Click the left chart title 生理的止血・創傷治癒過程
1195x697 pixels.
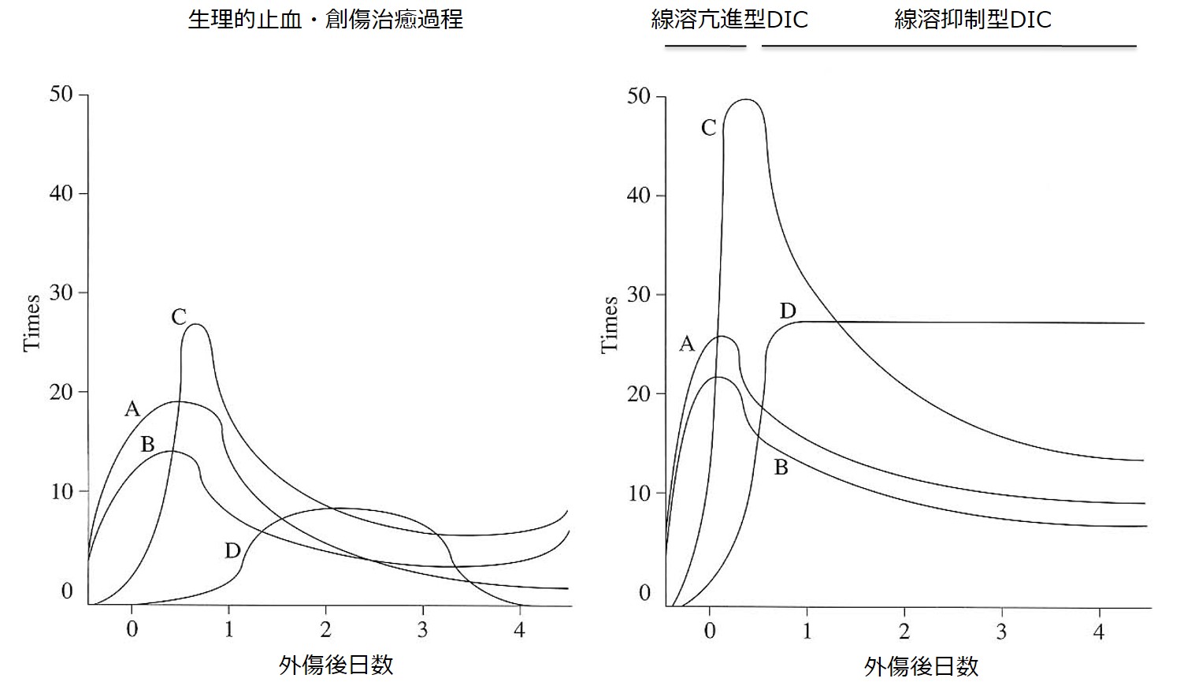(325, 19)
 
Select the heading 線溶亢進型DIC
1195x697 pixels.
(729, 19)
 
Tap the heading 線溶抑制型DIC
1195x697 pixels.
(973, 19)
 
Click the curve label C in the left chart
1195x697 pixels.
(179, 317)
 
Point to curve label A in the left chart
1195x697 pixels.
(132, 408)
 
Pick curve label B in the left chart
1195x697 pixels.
(147, 445)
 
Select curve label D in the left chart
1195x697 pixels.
(232, 551)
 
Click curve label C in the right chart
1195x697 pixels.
(709, 128)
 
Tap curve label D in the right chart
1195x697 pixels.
(788, 311)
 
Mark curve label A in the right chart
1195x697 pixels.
(687, 344)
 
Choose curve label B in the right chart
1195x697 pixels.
(781, 468)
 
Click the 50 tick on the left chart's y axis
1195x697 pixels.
(61, 95)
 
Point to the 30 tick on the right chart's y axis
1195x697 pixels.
(639, 295)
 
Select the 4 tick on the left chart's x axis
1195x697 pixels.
(519, 630)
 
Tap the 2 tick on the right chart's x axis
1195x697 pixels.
(904, 632)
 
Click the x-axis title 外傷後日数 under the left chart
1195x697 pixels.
(336, 665)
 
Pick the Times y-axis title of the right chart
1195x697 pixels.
(610, 324)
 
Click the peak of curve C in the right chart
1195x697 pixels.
(744, 100)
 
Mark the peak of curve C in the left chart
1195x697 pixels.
(196, 324)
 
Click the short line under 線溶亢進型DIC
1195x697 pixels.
(705, 47)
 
